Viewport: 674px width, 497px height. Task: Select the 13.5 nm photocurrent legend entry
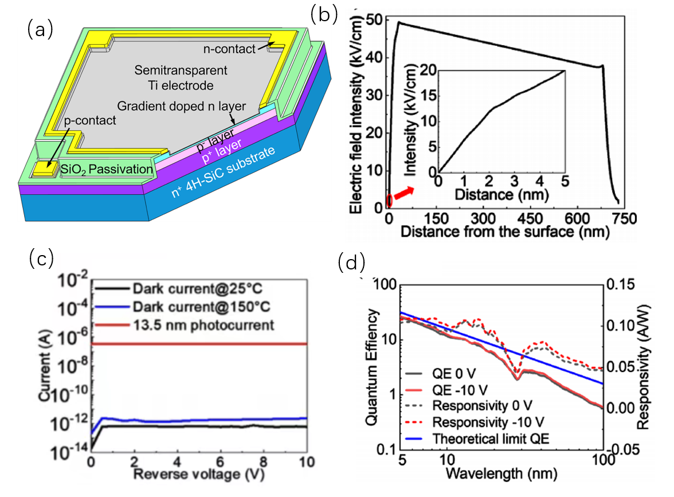click(x=202, y=325)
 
